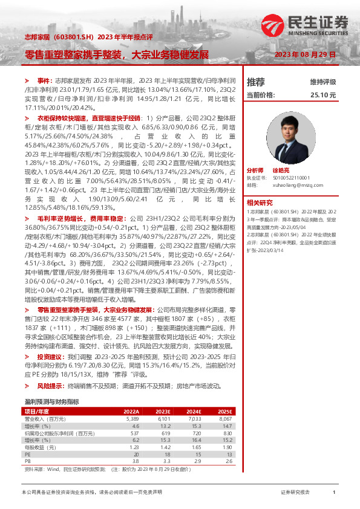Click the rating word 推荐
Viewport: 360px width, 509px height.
[256, 82]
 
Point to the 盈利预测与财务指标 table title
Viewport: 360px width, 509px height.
[51, 402]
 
